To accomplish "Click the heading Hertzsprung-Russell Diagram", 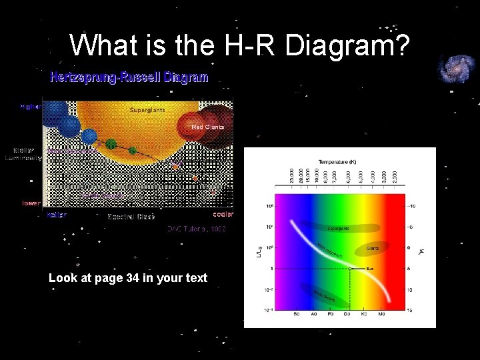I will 130,77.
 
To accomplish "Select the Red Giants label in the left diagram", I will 208,127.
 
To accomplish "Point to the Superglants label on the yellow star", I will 148,109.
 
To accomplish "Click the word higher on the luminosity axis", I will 31,106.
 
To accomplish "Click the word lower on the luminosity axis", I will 31,203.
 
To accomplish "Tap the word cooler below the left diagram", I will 223,215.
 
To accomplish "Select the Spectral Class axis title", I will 131,217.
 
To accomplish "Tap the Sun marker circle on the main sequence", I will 351,269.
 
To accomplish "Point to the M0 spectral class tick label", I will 381,314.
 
